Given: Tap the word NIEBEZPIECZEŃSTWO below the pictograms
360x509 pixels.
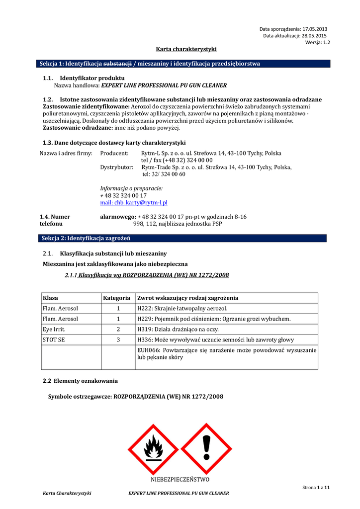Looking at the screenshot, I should tap(180, 479).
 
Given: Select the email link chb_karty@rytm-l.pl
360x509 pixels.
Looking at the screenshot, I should tap(134, 203).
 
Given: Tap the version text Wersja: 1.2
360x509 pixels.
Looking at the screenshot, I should tap(318, 43).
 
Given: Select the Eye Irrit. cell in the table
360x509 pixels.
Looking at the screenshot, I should tap(54, 329).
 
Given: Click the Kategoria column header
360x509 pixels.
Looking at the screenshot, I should tap(117, 298).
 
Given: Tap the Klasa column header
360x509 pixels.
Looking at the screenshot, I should tap(50, 298).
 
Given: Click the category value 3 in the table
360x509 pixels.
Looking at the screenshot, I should tap(118, 339).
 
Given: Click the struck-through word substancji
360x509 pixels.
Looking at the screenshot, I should tap(117, 64).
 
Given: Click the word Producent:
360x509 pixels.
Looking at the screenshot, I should tap(114, 154).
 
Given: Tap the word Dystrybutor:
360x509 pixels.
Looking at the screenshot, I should tap(117, 168).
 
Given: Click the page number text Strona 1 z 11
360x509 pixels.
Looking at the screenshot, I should tap(316, 488).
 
